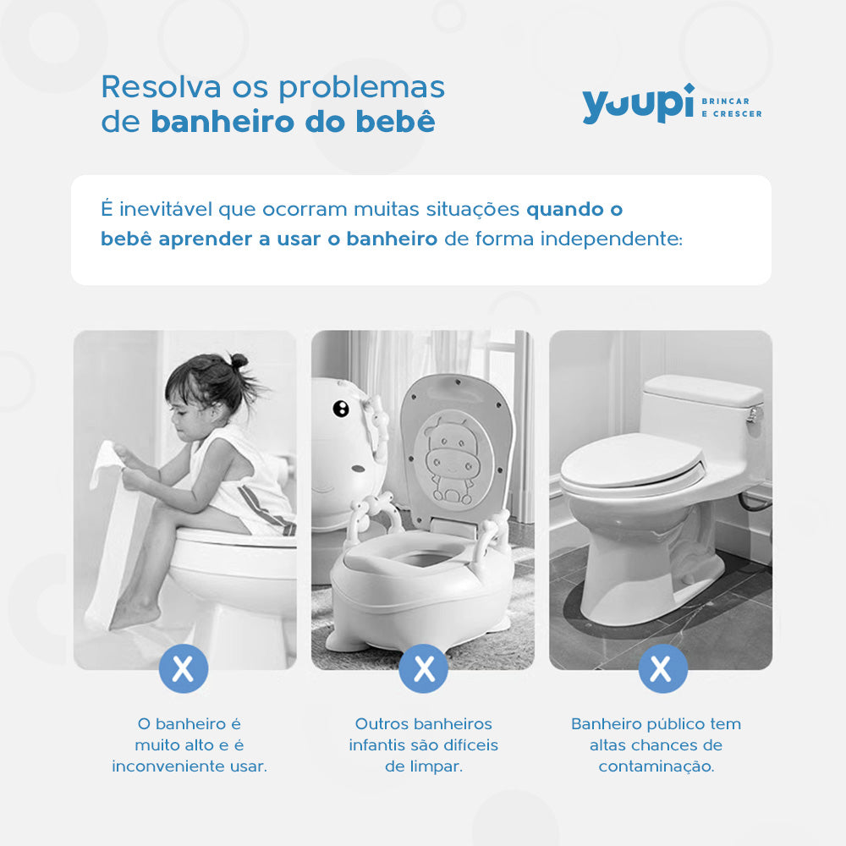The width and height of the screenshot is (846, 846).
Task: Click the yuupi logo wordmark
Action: click(x=638, y=105)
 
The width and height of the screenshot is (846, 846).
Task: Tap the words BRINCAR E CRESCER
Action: click(x=732, y=107)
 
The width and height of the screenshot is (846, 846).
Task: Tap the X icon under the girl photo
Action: click(x=183, y=668)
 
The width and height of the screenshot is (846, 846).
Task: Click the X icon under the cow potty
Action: click(x=423, y=668)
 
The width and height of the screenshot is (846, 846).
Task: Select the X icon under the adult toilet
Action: click(x=662, y=668)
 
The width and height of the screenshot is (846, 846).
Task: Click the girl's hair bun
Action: click(x=239, y=362)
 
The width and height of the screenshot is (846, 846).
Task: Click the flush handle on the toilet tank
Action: click(x=753, y=415)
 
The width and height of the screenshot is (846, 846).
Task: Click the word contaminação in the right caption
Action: click(x=656, y=766)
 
